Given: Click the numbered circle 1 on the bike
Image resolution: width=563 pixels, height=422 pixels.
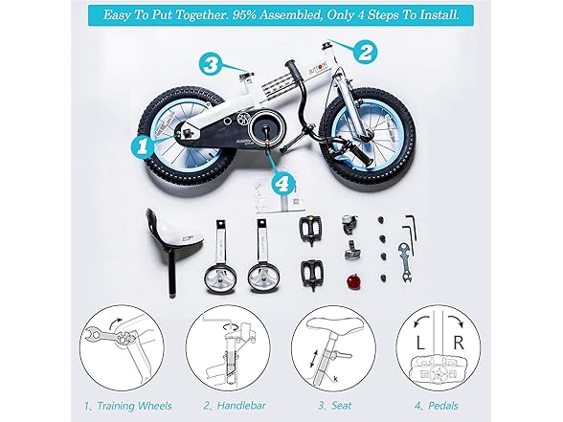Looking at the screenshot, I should [142, 145].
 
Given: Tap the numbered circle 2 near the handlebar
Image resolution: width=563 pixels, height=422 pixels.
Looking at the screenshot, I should [363, 51].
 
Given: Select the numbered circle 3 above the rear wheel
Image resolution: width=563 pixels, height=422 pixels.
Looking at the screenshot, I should [213, 65].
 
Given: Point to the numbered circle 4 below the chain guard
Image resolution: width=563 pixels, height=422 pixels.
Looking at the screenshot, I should [281, 182].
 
